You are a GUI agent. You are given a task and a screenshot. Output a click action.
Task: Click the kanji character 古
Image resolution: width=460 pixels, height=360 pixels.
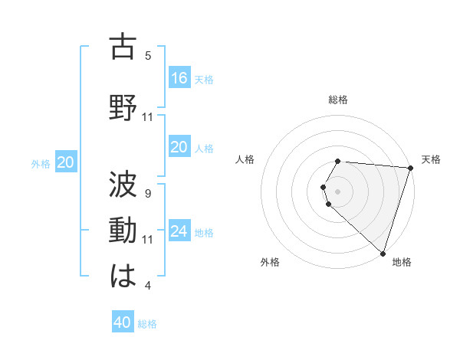click(123, 47)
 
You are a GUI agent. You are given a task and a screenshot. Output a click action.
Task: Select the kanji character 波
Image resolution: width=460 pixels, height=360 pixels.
click(123, 183)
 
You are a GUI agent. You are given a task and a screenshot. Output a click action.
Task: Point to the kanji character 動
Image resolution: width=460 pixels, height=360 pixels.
click(123, 230)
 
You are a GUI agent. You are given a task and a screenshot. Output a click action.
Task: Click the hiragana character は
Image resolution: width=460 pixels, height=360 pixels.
click(123, 275)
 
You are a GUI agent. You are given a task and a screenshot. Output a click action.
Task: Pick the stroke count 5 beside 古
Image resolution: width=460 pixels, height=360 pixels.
click(148, 55)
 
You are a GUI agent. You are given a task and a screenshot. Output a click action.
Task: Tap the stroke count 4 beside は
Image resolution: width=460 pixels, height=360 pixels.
click(148, 286)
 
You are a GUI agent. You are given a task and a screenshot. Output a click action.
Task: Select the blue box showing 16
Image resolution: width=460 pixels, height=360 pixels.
click(179, 77)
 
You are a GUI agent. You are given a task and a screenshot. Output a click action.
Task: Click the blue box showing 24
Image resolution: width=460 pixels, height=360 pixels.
click(179, 231)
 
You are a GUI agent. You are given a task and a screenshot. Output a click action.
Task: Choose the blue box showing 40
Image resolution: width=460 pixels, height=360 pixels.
click(123, 322)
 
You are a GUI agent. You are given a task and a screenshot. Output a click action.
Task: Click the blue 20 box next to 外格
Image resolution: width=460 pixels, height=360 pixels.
click(66, 162)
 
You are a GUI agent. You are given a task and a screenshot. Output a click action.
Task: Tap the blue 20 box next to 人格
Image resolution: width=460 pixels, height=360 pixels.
click(179, 147)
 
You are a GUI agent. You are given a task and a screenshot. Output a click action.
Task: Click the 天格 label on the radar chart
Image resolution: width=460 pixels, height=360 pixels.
click(431, 159)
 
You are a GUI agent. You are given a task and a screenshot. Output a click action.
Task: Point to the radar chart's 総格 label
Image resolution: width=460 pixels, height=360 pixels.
click(338, 100)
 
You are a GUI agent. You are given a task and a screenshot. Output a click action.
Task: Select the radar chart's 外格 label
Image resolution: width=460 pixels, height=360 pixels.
click(270, 262)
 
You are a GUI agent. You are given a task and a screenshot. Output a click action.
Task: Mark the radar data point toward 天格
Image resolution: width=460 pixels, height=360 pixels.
click(410, 168)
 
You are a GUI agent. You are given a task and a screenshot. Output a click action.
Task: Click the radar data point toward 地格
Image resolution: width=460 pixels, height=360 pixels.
click(383, 253)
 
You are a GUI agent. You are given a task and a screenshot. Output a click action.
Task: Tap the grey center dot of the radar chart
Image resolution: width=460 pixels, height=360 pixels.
click(338, 191)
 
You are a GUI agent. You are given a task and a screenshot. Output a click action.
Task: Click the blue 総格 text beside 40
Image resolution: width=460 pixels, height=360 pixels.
click(147, 324)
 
